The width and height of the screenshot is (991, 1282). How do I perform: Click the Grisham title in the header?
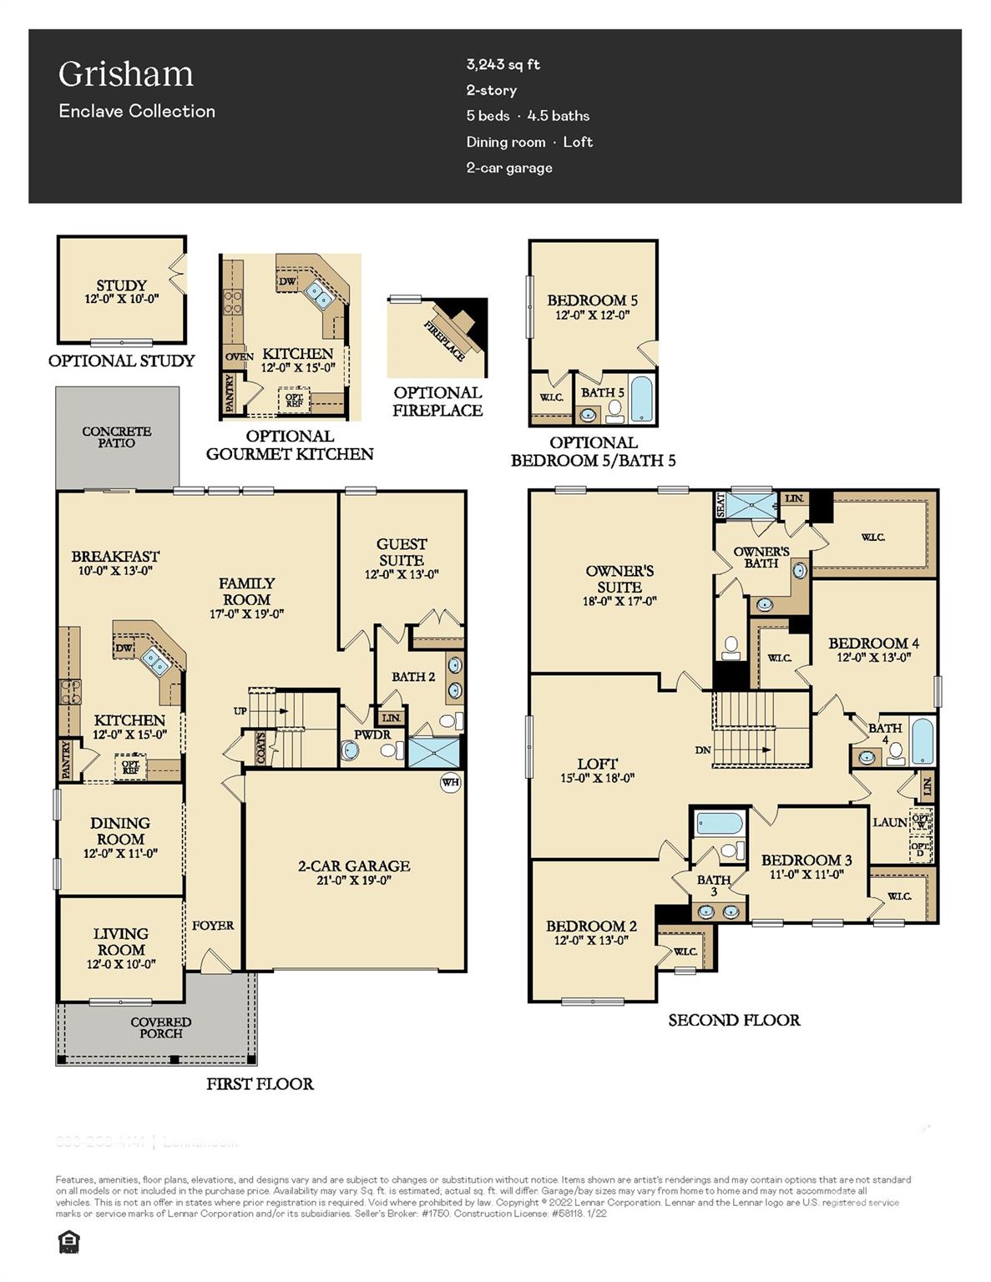point(126,74)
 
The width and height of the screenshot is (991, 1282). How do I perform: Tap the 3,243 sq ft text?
point(503,64)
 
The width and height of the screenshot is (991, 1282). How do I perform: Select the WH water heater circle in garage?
point(450,783)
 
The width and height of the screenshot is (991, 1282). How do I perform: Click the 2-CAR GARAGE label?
point(354,866)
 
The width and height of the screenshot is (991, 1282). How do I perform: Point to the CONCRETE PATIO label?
point(117,437)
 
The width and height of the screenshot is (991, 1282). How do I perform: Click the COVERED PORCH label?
point(160,1027)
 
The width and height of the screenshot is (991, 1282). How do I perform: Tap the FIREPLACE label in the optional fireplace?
point(445,341)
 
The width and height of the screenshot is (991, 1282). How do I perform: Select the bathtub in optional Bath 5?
point(643,399)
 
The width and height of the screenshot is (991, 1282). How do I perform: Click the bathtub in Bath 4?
point(922,740)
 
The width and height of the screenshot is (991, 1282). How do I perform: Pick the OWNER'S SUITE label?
point(619,578)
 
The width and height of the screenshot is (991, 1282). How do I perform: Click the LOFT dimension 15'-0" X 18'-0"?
point(597,778)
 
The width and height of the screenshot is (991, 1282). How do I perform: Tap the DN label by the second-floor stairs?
point(703,750)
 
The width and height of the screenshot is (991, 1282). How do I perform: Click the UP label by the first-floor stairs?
point(240,711)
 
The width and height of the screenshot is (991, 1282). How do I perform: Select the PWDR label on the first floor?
point(372,734)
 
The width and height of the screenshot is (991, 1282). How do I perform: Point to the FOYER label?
point(213,925)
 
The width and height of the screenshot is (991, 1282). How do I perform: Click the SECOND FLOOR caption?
point(734,1020)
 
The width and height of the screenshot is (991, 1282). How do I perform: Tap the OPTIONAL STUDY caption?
point(121,361)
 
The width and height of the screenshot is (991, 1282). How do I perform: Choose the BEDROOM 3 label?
point(806,860)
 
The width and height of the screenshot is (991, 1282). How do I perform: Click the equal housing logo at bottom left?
point(68,1244)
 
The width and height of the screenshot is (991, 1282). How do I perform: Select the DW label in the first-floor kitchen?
point(124,648)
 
